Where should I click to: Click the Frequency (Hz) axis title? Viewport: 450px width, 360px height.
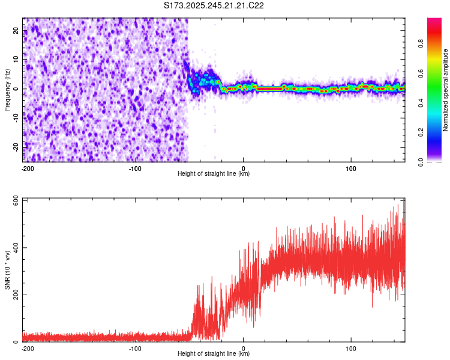pyautogui.click(x=7, y=89)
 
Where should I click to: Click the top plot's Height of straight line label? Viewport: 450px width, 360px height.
pyautogui.click(x=214, y=174)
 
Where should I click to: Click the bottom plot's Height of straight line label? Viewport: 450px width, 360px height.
pyautogui.click(x=214, y=354)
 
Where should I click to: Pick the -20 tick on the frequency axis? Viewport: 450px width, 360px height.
pyautogui.click(x=16, y=147)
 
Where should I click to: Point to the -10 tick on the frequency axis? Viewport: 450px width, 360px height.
pyautogui.click(x=16, y=118)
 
